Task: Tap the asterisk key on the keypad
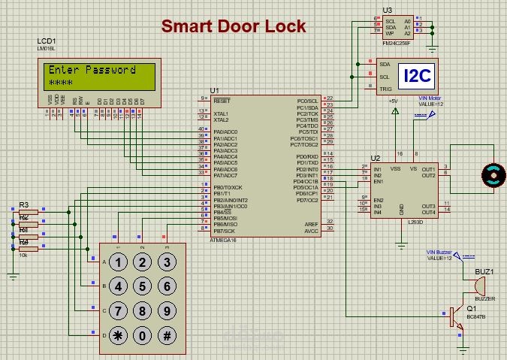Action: click(x=118, y=336)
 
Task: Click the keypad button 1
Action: click(x=118, y=262)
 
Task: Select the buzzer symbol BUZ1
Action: click(x=478, y=286)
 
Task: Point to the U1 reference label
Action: click(x=215, y=90)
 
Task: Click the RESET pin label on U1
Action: click(x=222, y=99)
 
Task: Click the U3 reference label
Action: click(x=387, y=10)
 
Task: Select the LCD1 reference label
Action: click(x=46, y=41)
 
